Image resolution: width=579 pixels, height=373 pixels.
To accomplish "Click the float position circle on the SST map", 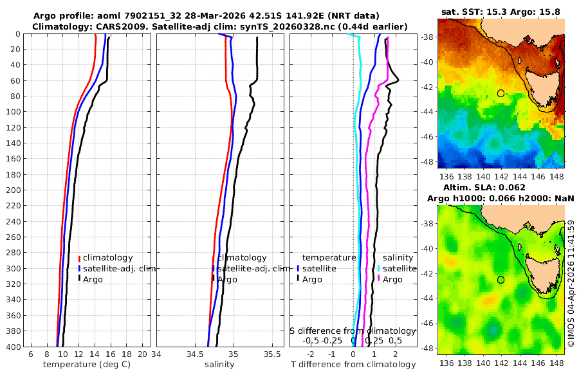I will (501, 93).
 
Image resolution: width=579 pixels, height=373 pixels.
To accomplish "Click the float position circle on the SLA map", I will (501, 280).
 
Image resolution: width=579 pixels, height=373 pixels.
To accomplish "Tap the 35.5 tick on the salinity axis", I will (273, 354).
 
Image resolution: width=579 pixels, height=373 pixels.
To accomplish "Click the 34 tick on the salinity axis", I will (157, 354).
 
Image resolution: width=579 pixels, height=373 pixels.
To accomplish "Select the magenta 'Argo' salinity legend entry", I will (392, 280).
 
